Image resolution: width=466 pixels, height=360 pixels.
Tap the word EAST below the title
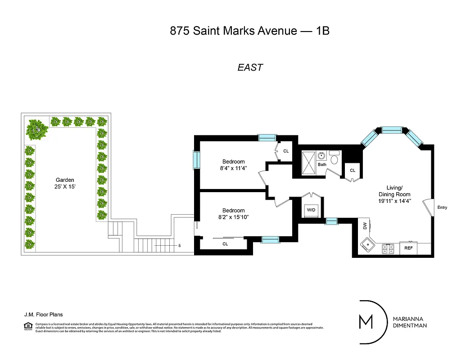click(x=250, y=67)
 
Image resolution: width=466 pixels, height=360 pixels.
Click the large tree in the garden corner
click(x=37, y=130)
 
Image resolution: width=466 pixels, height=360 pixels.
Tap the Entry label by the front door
click(x=442, y=207)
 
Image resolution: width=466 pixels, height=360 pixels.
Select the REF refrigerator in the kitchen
click(x=408, y=248)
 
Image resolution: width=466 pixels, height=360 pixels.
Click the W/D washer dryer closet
click(x=311, y=210)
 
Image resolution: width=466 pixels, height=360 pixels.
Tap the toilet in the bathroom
click(x=334, y=158)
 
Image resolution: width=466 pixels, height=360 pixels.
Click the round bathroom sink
click(x=321, y=156)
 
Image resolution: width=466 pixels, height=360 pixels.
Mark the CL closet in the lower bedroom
click(x=225, y=244)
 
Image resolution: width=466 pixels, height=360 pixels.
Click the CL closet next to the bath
click(x=353, y=171)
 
